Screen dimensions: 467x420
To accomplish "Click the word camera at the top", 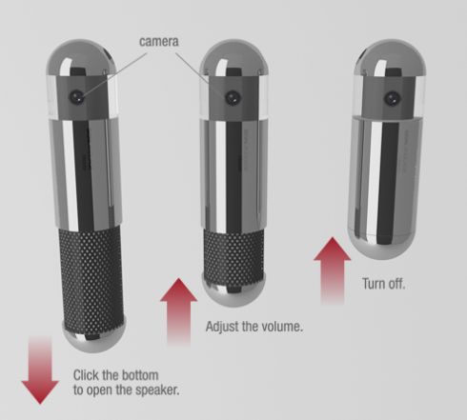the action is click(x=159, y=42).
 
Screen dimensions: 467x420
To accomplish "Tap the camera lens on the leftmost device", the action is click(x=77, y=97).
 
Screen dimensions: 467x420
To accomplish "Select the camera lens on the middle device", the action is click(x=233, y=98).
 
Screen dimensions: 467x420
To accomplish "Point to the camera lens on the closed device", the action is click(x=392, y=98).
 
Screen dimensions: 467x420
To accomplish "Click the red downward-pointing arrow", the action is click(x=40, y=370).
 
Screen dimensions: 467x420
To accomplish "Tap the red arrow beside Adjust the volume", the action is click(x=178, y=311).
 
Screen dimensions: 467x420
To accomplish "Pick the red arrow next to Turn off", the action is click(x=333, y=270).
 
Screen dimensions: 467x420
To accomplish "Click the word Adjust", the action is click(x=222, y=327).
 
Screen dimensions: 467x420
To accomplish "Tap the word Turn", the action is click(x=375, y=284).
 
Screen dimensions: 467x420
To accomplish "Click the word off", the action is click(x=397, y=284).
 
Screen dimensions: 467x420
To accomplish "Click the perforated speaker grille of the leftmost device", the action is click(x=91, y=274).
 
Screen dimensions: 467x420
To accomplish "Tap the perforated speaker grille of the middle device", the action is click(x=233, y=255).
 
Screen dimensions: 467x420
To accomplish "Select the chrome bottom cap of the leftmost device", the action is click(x=94, y=335).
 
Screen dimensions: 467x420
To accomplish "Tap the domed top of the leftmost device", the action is click(x=81, y=57).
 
